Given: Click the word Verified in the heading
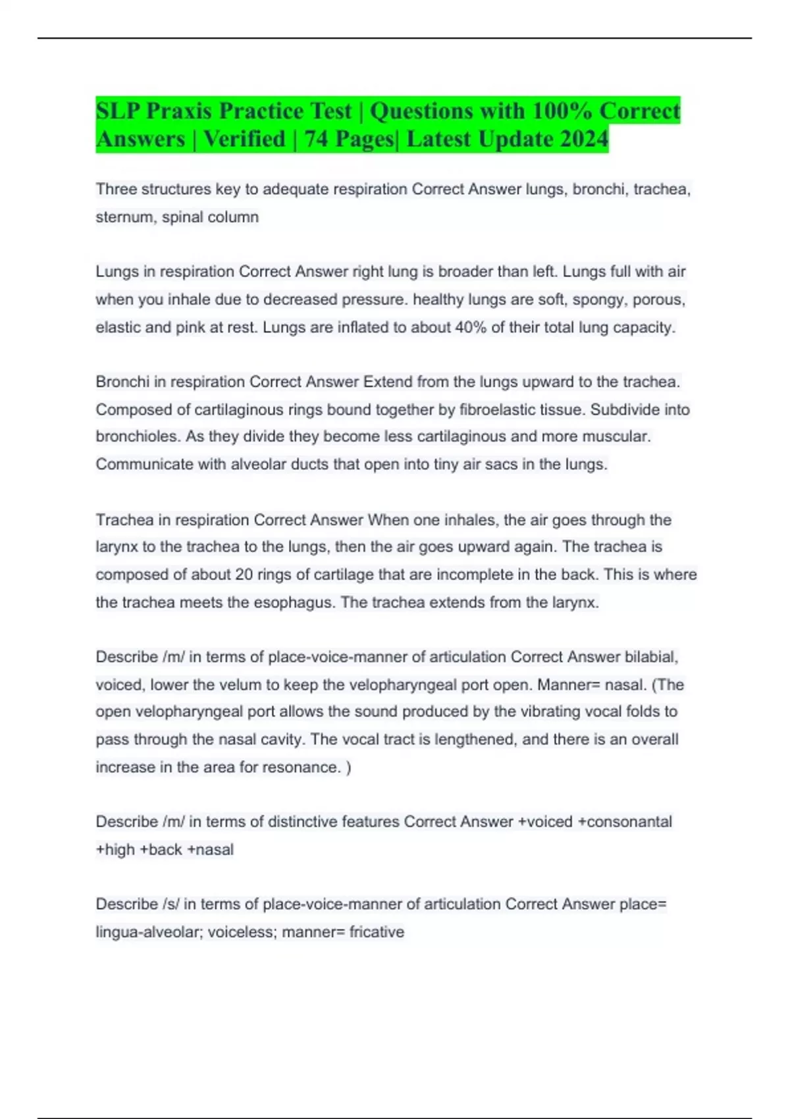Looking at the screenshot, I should click(x=244, y=139).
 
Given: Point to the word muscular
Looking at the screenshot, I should click(x=618, y=436).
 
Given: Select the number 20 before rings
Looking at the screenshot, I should click(x=244, y=575).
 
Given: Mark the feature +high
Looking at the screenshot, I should click(x=115, y=850).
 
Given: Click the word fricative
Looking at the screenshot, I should click(x=377, y=932).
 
